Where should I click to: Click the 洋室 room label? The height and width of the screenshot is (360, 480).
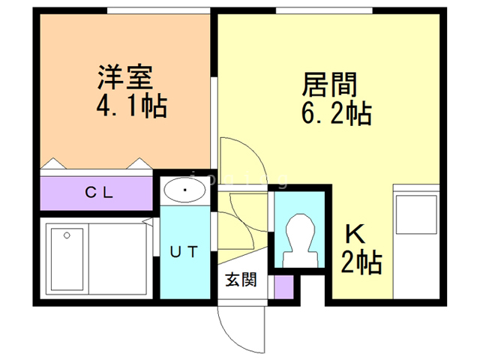tap(125, 78)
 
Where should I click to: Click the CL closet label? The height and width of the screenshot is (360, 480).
tap(98, 192)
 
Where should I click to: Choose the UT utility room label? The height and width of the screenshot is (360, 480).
tap(184, 252)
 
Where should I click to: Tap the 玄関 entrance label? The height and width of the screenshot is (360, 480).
tap(241, 280)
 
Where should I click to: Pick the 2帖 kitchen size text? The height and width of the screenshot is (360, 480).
tap(361, 262)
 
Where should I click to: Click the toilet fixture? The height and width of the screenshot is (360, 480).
tap(298, 238)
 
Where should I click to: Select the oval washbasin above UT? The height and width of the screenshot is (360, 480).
tap(184, 190)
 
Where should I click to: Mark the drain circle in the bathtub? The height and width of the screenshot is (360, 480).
tap(67, 235)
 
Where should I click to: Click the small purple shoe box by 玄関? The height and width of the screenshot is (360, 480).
tap(283, 286)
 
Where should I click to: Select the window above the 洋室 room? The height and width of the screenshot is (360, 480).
tap(157, 10)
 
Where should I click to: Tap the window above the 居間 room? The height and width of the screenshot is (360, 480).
tap(324, 10)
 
